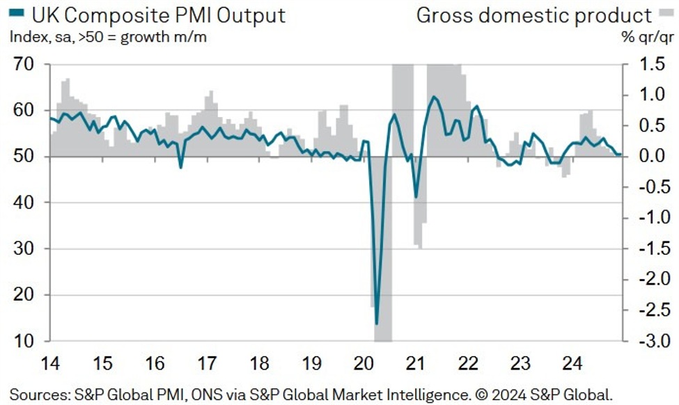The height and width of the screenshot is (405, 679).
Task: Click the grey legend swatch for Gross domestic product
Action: [665, 15]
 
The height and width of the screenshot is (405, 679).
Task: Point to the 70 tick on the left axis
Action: [26, 65]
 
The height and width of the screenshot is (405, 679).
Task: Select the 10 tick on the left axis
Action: [26, 341]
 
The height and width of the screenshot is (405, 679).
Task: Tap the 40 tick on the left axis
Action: [26, 202]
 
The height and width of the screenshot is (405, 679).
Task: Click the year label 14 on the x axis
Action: [50, 363]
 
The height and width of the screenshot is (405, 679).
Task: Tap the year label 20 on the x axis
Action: [363, 363]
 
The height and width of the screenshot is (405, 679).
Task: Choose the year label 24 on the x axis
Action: [572, 363]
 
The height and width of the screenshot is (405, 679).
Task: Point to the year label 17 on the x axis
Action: [207, 363]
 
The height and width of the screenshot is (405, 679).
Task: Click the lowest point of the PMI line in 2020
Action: [377, 324]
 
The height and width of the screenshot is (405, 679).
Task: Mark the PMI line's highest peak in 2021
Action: [434, 97]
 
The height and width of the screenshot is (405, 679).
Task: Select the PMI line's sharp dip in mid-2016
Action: [181, 167]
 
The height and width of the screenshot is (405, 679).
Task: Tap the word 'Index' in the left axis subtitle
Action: [26, 36]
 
